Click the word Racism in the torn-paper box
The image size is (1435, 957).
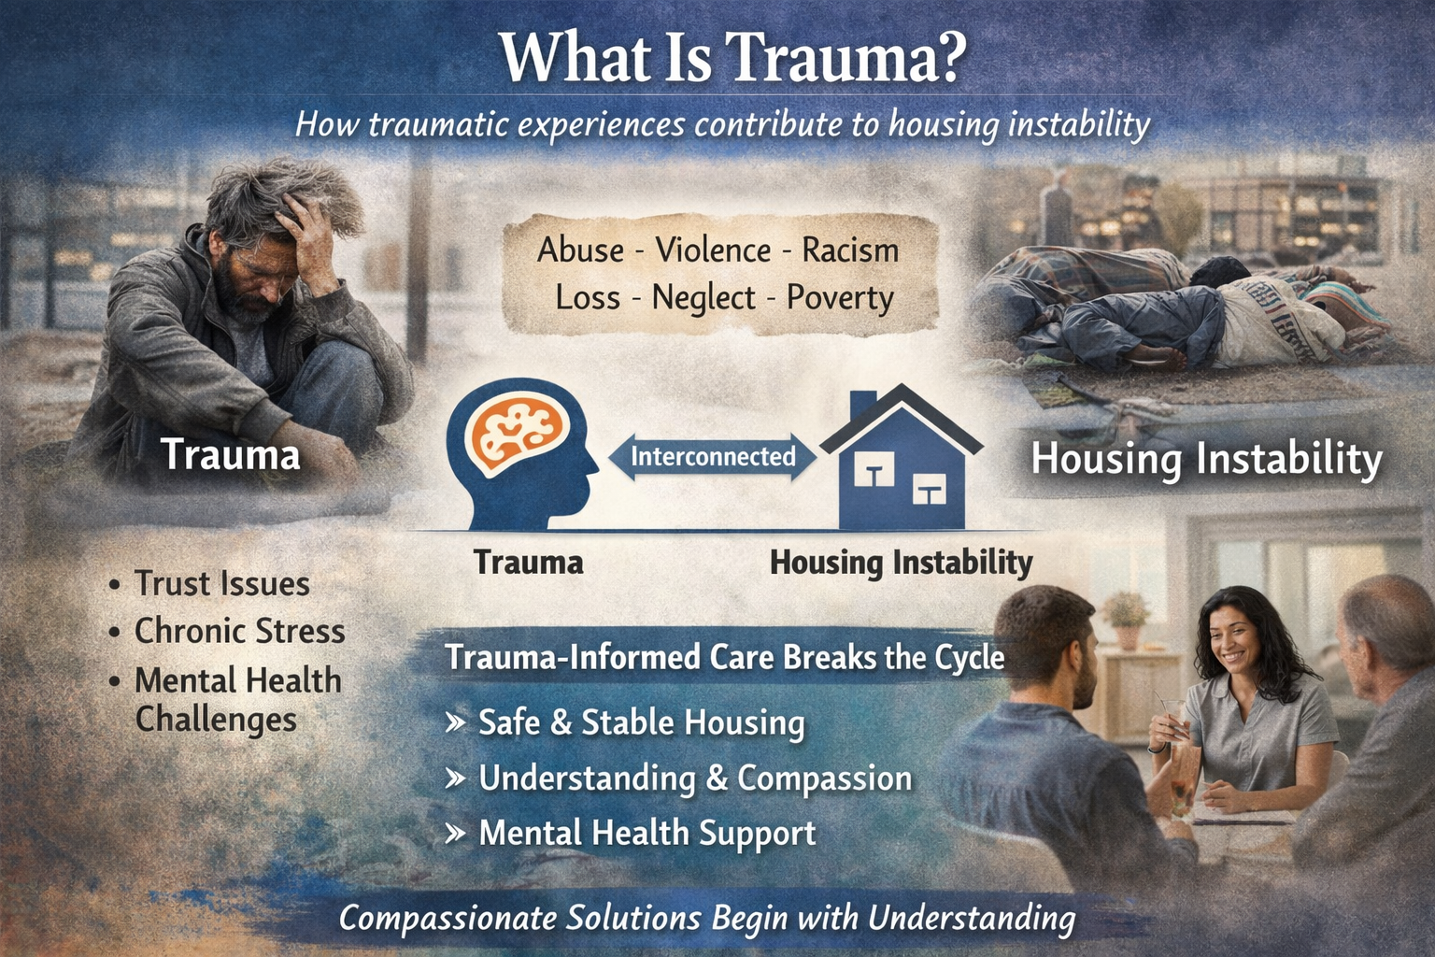coord(850,250)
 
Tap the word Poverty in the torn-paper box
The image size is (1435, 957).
coord(840,298)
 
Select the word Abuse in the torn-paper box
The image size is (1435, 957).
coord(580,250)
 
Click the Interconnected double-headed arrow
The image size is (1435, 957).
coord(712,457)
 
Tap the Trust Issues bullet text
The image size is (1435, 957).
coord(221,584)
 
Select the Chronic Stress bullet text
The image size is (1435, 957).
coord(239,632)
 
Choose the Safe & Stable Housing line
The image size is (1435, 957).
coord(641,722)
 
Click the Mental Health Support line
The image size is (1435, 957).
coord(646,833)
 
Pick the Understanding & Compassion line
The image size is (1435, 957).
coord(694,778)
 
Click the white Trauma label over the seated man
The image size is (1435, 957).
coord(230,455)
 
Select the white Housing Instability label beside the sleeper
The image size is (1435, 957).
coord(1206,460)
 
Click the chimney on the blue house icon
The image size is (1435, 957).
coord(862,405)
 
